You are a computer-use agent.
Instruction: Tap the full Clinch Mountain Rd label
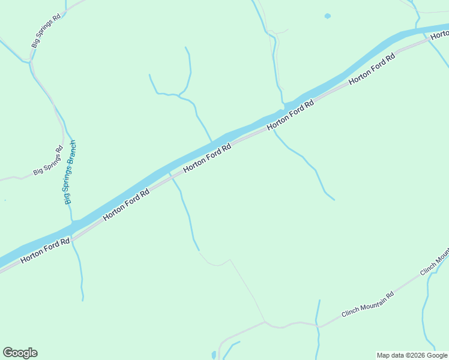(367, 305)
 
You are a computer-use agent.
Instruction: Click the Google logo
(20, 353)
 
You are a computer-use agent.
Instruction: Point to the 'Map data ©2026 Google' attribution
(412, 355)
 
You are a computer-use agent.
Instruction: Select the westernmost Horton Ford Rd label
(45, 250)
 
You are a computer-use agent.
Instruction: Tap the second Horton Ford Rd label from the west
(125, 205)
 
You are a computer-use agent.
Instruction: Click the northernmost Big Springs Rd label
(46, 31)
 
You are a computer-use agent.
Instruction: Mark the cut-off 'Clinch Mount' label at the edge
(435, 263)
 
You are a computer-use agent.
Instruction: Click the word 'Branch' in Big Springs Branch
(73, 154)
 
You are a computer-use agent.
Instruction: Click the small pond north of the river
(327, 16)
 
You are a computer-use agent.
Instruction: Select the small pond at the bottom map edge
(213, 356)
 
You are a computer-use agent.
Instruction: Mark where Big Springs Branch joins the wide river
(73, 223)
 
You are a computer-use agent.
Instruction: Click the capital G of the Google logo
(8, 353)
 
